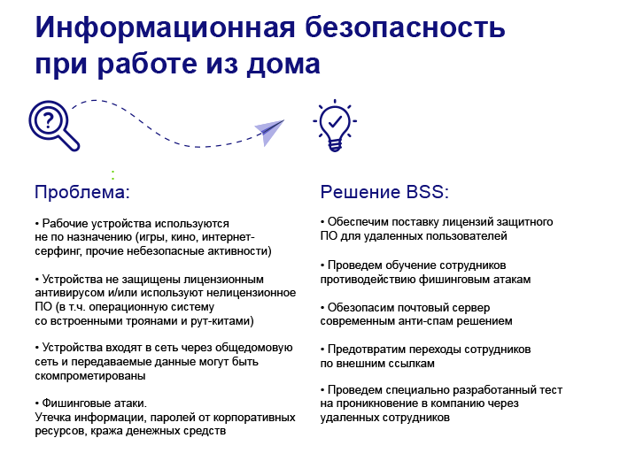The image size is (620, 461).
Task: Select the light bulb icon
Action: (x=335, y=126)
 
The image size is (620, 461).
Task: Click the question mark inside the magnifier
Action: (x=48, y=119)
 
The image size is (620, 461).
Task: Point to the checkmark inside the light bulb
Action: (x=336, y=121)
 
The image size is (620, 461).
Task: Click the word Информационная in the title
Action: (x=165, y=27)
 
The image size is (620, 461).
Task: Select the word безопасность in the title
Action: (x=405, y=27)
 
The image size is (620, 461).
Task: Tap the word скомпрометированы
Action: (x=90, y=376)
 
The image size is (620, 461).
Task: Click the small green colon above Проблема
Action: (x=112, y=175)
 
